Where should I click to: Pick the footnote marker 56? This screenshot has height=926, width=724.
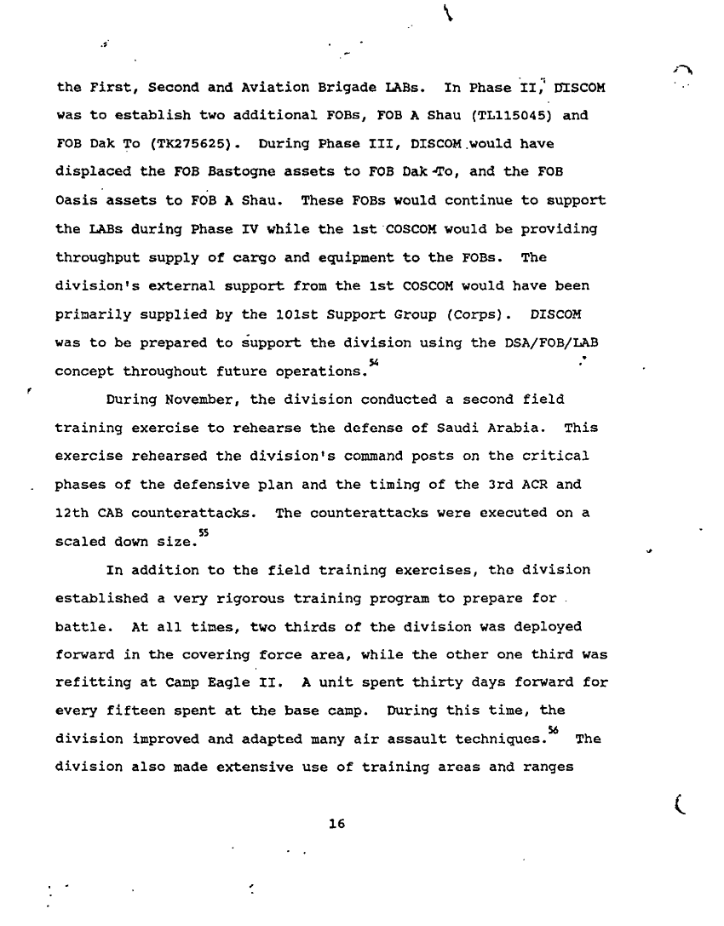click(554, 731)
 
